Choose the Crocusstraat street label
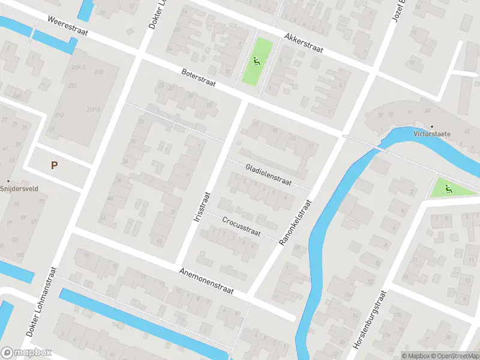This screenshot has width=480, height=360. tap(241, 227)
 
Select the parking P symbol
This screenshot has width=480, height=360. tap(55, 165)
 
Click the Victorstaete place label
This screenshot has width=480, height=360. tap(432, 134)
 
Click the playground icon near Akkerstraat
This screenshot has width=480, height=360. tap(257, 60)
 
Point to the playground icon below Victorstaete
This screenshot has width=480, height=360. tap(448, 190)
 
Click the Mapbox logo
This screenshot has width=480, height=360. tap(26, 353)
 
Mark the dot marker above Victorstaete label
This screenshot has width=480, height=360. tap(432, 127)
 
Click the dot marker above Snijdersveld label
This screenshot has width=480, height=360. tap(8, 181)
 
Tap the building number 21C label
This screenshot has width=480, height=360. tap(73, 86)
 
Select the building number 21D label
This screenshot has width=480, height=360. tap(58, 115)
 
